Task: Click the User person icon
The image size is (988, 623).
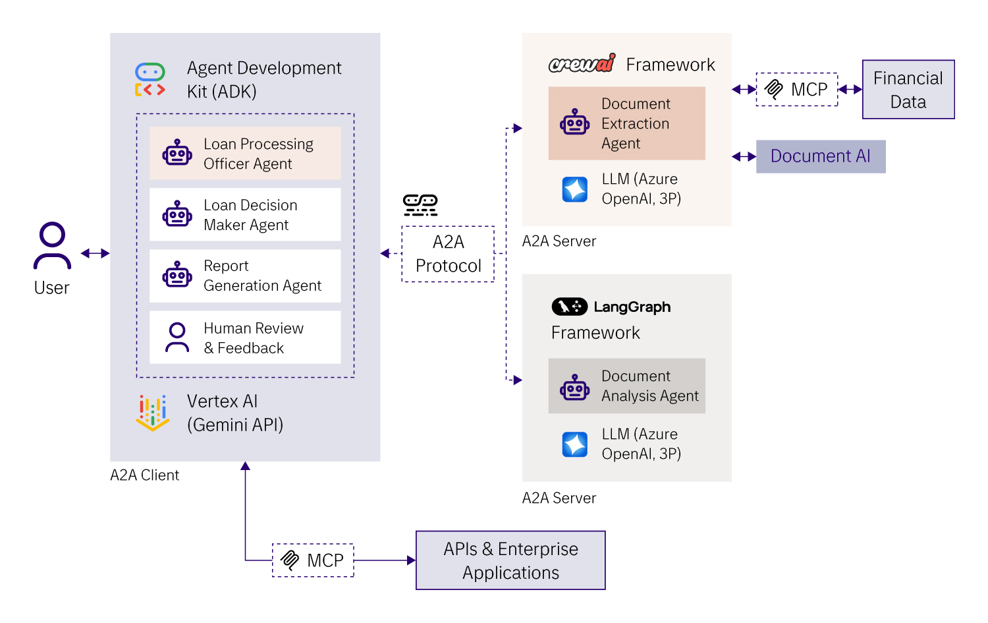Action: tap(52, 246)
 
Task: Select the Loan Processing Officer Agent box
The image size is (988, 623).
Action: tap(245, 154)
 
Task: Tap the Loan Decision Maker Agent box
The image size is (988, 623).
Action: tap(245, 215)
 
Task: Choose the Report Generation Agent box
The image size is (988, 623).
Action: tap(245, 276)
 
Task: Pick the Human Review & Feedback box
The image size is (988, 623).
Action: tap(245, 338)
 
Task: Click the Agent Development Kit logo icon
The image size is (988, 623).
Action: tap(150, 80)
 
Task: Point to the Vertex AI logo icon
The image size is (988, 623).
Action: tap(152, 413)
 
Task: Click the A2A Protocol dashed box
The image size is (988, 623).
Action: tap(448, 254)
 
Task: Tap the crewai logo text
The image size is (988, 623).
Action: tap(582, 63)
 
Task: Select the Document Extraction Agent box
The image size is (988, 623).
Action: tap(626, 123)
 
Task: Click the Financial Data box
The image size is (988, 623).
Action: tap(908, 90)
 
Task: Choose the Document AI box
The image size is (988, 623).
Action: tap(820, 156)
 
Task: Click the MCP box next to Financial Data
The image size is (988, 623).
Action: tap(797, 89)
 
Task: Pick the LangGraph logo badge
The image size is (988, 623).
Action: tap(570, 307)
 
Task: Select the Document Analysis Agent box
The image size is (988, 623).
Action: tap(626, 386)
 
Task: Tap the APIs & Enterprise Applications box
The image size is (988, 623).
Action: tap(510, 560)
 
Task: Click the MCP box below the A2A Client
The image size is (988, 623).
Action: tap(313, 560)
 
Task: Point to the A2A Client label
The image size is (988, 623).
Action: tap(144, 475)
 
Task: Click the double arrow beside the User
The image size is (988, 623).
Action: tap(95, 253)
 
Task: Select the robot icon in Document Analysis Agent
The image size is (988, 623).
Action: tap(574, 387)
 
